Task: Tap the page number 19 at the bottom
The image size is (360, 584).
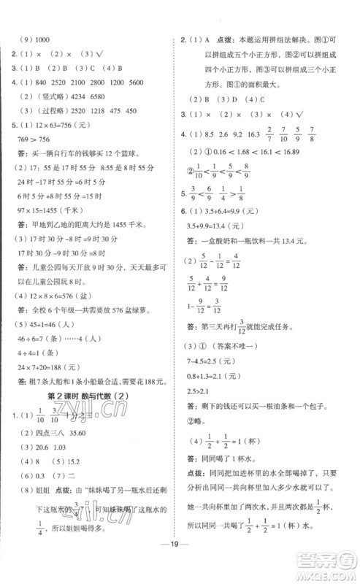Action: coord(180,564)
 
